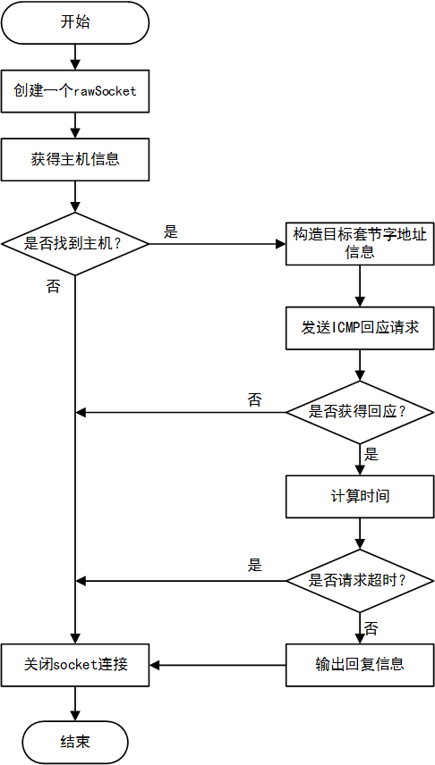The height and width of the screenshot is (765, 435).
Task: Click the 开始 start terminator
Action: click(x=75, y=22)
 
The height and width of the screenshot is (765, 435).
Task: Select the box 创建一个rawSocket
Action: click(x=75, y=91)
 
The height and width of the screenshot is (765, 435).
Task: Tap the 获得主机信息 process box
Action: click(x=75, y=160)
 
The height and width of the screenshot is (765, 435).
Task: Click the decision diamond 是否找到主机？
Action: click(x=75, y=243)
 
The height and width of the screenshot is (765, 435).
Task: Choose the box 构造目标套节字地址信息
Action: click(x=359, y=243)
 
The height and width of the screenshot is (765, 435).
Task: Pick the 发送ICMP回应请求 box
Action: click(x=359, y=328)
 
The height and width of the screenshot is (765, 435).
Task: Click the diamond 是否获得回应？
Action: click(x=359, y=412)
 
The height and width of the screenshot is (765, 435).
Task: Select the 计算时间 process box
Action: click(x=359, y=495)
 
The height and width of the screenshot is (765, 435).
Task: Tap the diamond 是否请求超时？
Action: click(x=359, y=580)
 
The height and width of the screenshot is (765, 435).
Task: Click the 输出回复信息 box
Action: click(x=359, y=664)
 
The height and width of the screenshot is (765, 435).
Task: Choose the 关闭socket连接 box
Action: click(x=75, y=664)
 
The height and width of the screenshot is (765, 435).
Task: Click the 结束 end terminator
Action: click(x=75, y=742)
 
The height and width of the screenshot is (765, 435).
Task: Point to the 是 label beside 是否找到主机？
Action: click(x=171, y=231)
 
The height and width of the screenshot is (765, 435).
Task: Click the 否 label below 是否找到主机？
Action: click(x=53, y=286)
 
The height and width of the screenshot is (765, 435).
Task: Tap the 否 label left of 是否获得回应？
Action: click(x=255, y=399)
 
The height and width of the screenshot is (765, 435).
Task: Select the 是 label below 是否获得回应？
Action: click(x=371, y=454)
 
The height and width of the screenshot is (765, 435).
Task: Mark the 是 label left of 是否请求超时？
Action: click(x=255, y=566)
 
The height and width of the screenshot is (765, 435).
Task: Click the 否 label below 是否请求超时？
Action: click(x=371, y=626)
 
